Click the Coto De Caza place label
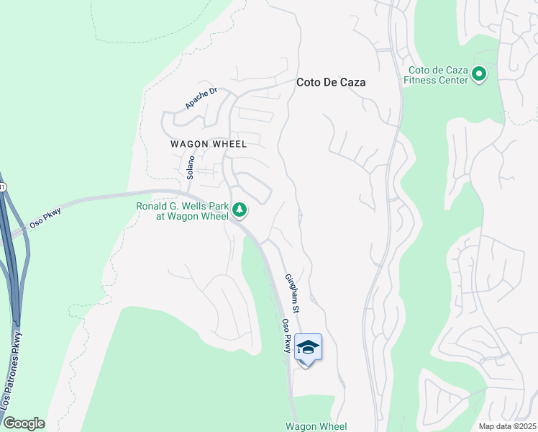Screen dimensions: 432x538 (x=331, y=83)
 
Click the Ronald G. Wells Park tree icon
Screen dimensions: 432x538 (x=240, y=210)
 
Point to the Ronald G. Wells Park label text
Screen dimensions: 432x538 (x=183, y=210)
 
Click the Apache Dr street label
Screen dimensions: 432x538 (x=201, y=99)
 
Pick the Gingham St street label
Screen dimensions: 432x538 (x=291, y=292)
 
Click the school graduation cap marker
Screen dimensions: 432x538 (x=308, y=348)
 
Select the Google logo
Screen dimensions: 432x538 (x=24, y=423)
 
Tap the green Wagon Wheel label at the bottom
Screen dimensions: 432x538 (x=316, y=427)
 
